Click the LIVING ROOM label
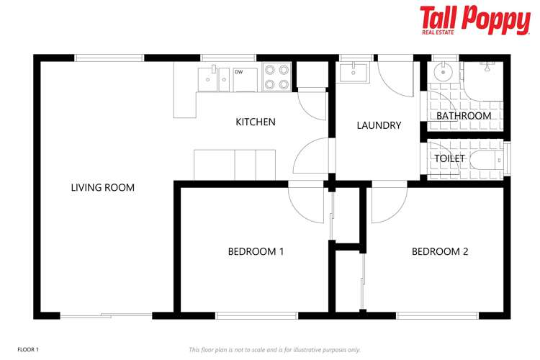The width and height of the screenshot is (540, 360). [x=102, y=188]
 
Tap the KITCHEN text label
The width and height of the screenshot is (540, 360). [x=256, y=122]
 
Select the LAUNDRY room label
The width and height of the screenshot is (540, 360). [x=379, y=125]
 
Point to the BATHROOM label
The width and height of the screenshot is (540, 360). [x=464, y=115]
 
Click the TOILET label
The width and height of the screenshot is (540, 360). [x=450, y=158]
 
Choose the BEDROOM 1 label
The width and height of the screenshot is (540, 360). [x=256, y=251]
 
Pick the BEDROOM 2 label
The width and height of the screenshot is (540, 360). [x=440, y=251]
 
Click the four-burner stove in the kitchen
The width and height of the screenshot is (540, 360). [x=276, y=77]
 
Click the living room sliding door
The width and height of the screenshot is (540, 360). [x=106, y=315]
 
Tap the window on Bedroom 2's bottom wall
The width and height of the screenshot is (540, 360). [x=437, y=315]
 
